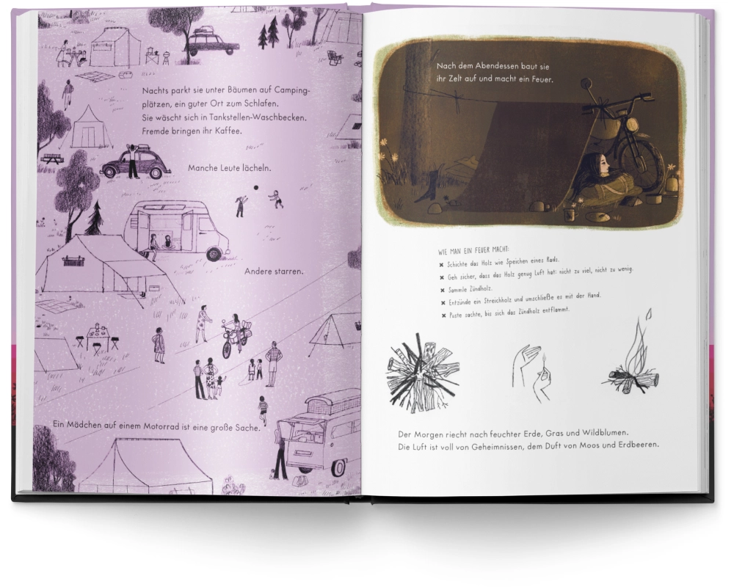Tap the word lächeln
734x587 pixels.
click(x=255, y=168)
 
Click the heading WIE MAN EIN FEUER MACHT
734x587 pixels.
click(x=473, y=250)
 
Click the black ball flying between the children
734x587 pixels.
click(x=255, y=188)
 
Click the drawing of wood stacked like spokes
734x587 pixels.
click(x=421, y=372)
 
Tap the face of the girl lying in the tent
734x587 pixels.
click(x=602, y=164)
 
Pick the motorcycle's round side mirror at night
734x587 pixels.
click(x=586, y=84)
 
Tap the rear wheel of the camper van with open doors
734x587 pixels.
click(x=214, y=254)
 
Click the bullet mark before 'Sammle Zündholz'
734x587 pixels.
click(x=441, y=291)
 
